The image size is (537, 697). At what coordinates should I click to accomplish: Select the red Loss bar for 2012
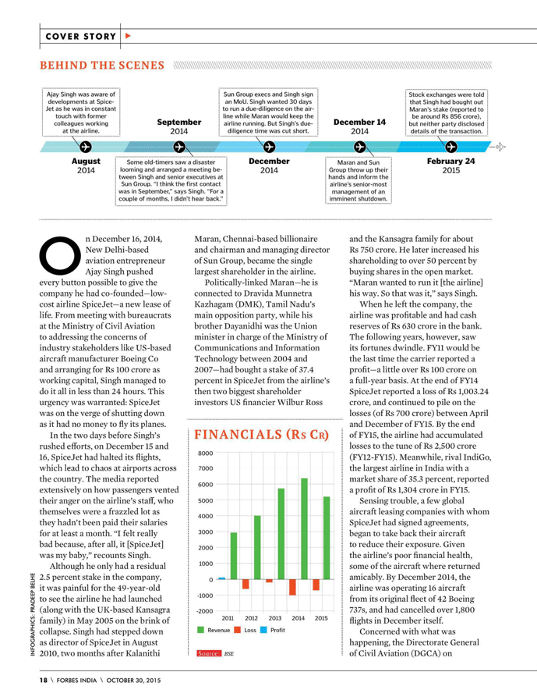click(x=246, y=584)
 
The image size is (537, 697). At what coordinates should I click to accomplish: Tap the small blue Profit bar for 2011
click(x=222, y=578)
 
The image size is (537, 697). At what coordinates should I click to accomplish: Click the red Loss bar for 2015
click(x=316, y=585)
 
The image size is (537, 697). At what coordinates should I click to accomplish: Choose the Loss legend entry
click(x=242, y=629)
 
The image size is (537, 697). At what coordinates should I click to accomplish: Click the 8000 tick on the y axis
click(x=205, y=453)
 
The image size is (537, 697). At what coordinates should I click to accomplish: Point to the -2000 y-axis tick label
click(x=204, y=611)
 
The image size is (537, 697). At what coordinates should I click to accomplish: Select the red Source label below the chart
click(x=209, y=653)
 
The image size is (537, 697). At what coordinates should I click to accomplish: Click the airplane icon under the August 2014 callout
click(x=86, y=146)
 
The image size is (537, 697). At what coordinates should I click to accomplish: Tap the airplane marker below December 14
click(x=360, y=146)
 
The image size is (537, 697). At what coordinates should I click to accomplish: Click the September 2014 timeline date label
click(x=178, y=126)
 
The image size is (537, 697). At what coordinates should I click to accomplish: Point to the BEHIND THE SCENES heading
click(x=103, y=65)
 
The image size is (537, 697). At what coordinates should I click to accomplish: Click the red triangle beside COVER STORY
click(x=129, y=36)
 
